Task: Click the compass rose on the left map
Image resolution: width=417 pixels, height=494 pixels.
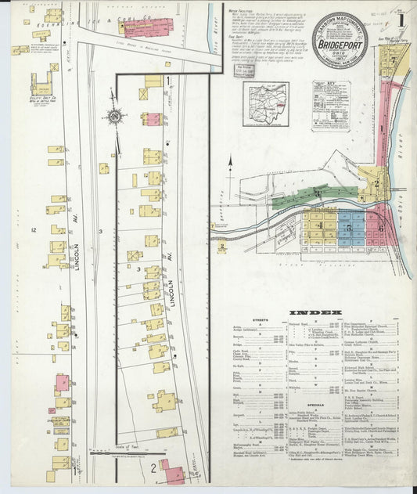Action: (x=115, y=117)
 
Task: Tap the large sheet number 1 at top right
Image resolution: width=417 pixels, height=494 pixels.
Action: (x=401, y=15)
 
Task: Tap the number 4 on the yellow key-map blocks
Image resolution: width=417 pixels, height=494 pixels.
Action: (x=320, y=225)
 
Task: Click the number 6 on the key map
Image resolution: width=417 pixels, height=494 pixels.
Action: (x=380, y=229)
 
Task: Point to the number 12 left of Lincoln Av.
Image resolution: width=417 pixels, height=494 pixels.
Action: (x=34, y=230)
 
